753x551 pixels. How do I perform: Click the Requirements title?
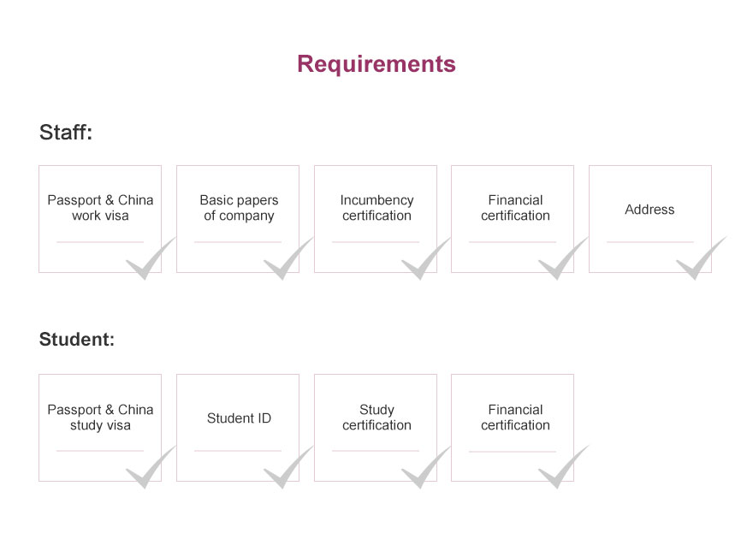(x=376, y=64)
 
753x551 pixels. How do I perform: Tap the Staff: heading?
(x=66, y=132)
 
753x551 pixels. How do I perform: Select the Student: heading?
(x=77, y=339)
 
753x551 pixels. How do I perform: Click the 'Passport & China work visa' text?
(x=100, y=208)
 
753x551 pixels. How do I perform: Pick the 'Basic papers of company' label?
(x=239, y=208)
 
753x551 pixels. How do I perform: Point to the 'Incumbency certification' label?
(x=376, y=208)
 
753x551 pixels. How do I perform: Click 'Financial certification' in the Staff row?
(x=515, y=208)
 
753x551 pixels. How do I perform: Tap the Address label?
(x=649, y=210)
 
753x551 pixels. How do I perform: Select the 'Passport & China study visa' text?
(x=100, y=417)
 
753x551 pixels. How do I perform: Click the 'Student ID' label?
(x=239, y=418)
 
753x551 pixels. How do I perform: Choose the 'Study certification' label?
(x=376, y=417)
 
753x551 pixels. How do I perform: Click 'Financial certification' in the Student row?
(x=515, y=417)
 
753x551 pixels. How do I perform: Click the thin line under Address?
(x=650, y=241)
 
